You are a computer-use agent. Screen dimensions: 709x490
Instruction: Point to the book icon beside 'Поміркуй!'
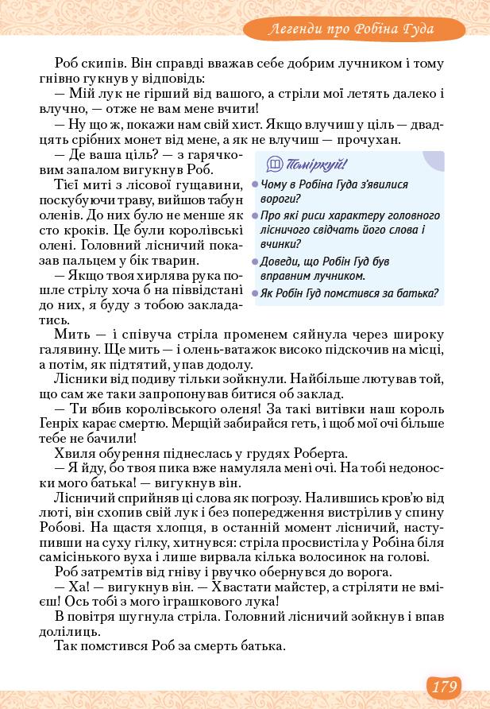[275, 165]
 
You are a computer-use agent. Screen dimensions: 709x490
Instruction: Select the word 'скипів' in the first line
[106, 63]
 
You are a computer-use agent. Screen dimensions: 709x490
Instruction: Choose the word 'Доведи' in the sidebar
[280, 262]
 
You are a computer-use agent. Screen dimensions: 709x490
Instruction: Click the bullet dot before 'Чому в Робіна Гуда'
[255, 184]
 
